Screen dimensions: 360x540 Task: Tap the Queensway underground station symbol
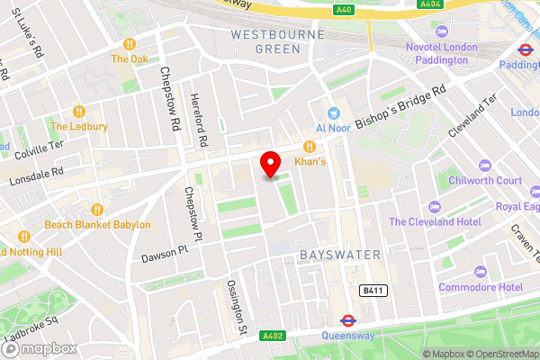tap(346, 320)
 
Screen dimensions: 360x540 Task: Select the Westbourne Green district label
tap(265, 41)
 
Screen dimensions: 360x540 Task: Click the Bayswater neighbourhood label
tap(339, 255)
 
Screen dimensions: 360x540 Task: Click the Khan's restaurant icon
tap(309, 146)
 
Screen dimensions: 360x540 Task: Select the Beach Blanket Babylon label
tap(97, 224)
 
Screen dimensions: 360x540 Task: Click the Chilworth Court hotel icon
tap(485, 166)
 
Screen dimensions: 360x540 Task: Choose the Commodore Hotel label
tap(481, 287)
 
